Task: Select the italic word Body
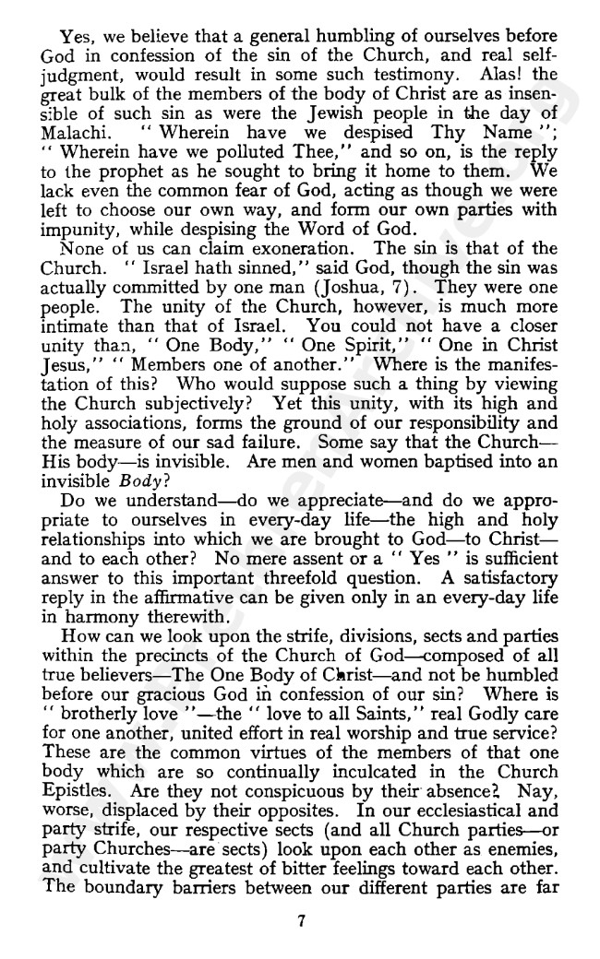tap(138, 479)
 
